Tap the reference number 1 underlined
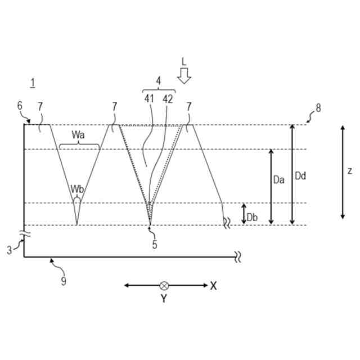33,83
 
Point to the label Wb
77,189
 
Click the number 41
149,99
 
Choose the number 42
168,99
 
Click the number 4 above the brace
159,81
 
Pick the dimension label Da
278,179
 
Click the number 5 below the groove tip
155,245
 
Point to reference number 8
318,108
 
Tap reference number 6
20,106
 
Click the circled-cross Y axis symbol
164,286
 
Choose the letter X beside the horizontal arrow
213,286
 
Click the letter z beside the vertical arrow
350,171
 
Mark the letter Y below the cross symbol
164,299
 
